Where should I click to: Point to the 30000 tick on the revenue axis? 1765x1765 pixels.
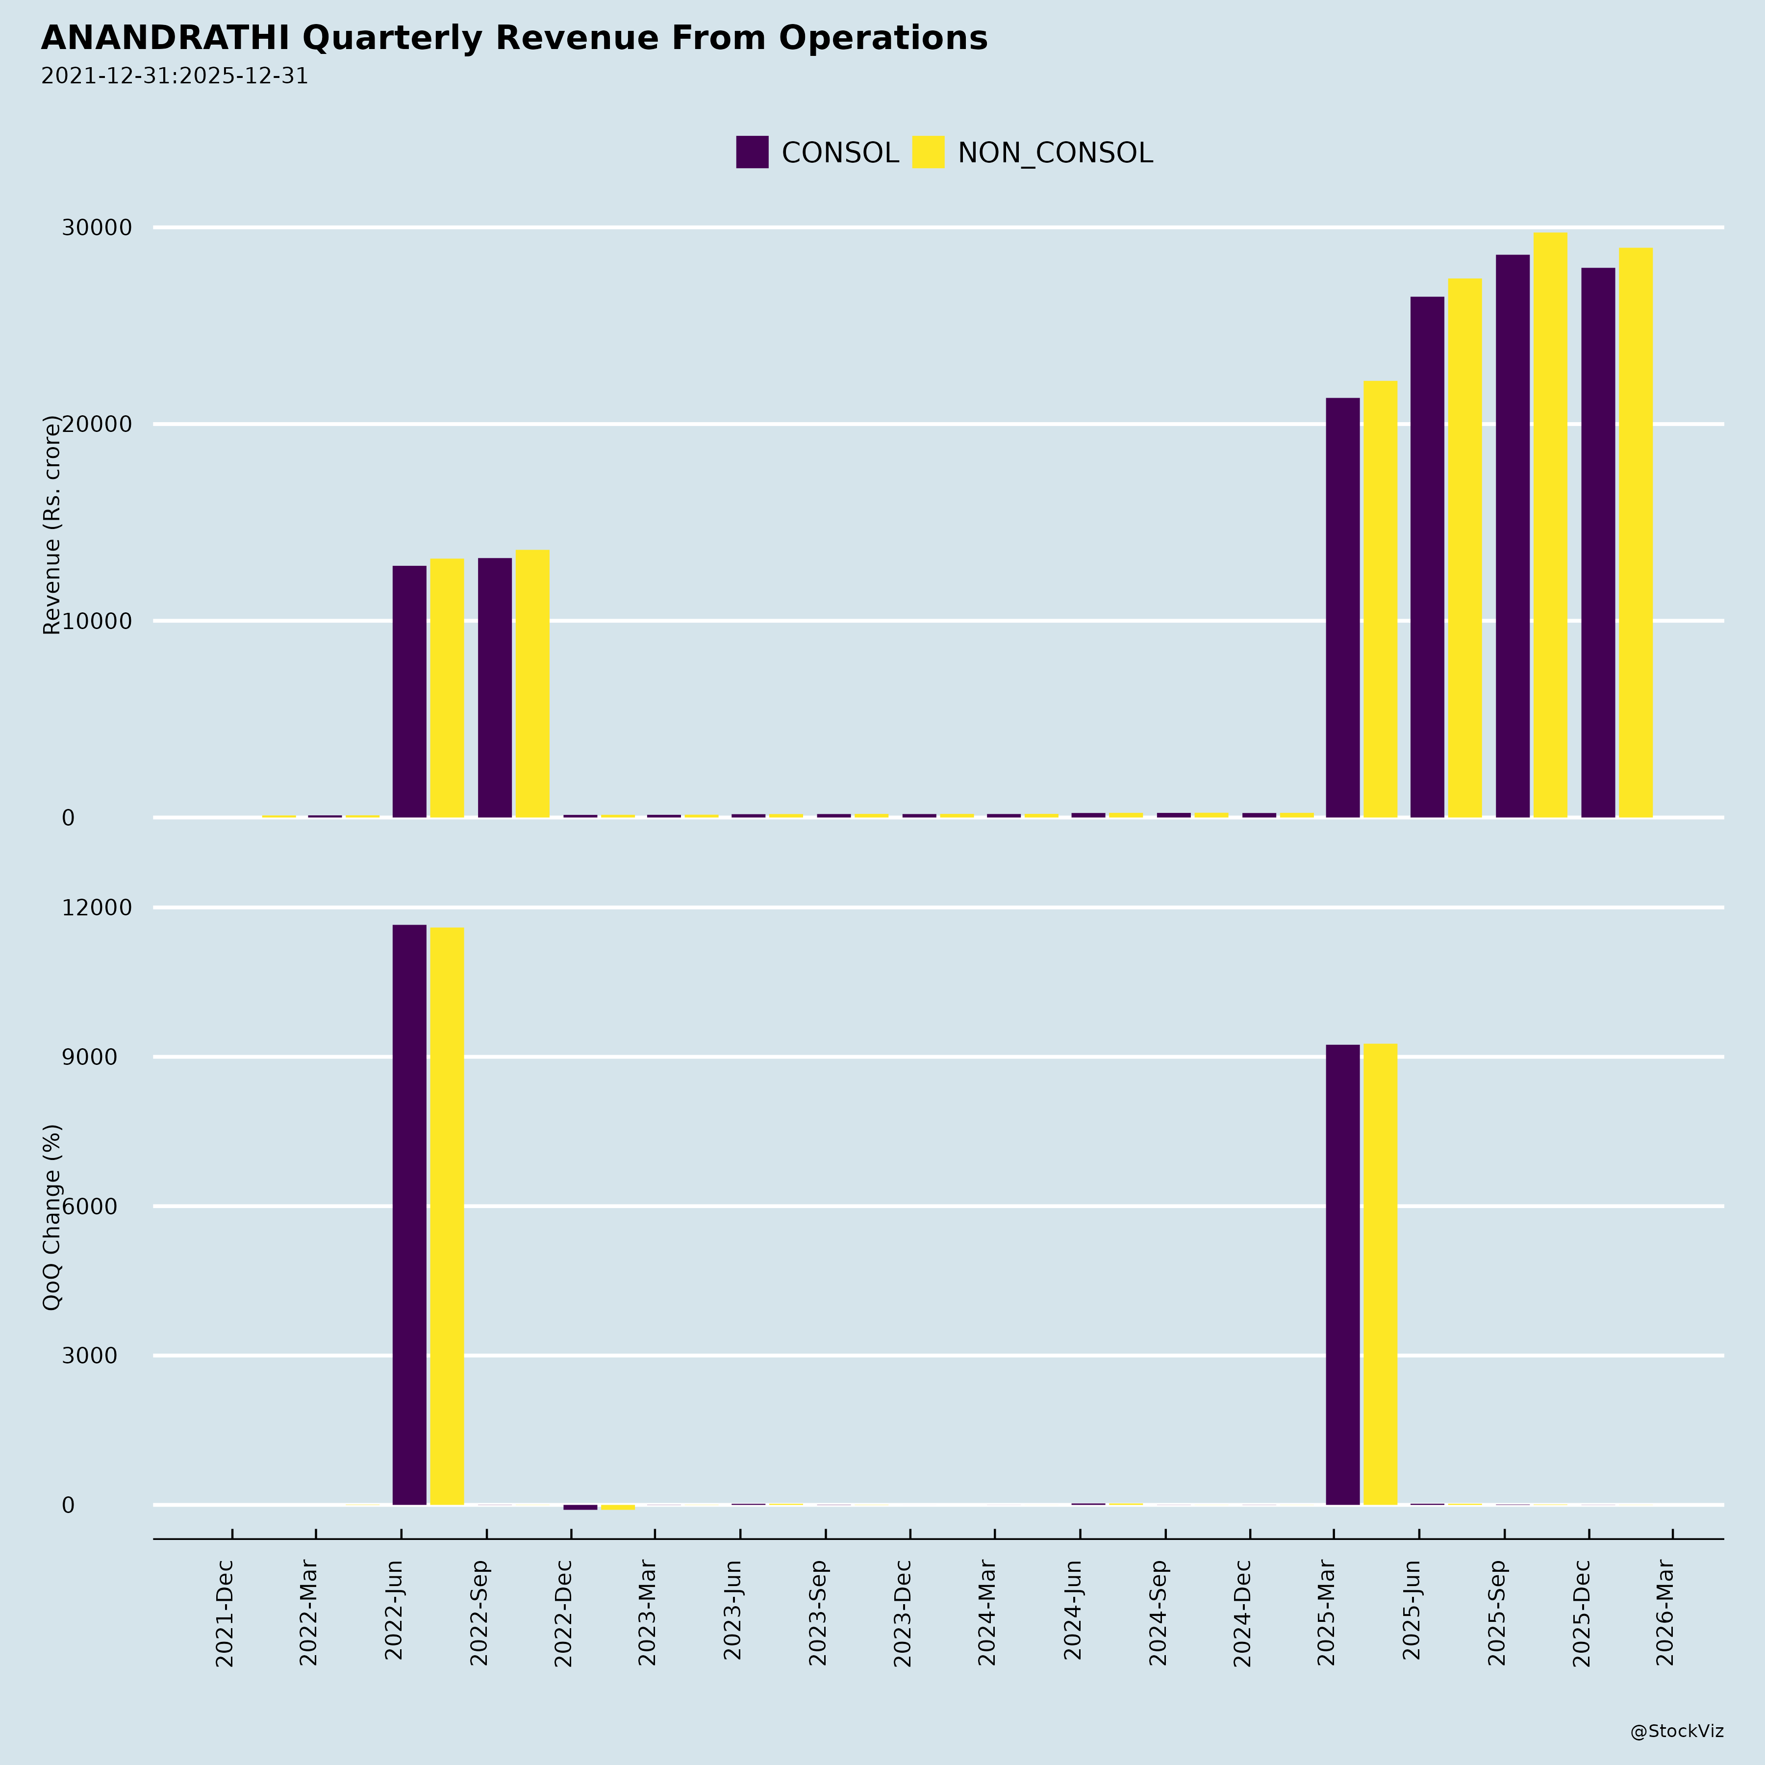coord(96,228)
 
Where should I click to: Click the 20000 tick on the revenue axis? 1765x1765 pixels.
coord(96,425)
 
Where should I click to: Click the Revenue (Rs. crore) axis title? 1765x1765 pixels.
coord(52,525)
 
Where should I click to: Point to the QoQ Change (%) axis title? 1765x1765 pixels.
coord(52,1217)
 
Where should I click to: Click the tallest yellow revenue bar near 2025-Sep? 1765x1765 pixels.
coord(1550,525)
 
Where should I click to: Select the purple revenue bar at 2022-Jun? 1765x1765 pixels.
coord(409,692)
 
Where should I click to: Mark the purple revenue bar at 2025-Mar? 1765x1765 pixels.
coord(1342,607)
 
